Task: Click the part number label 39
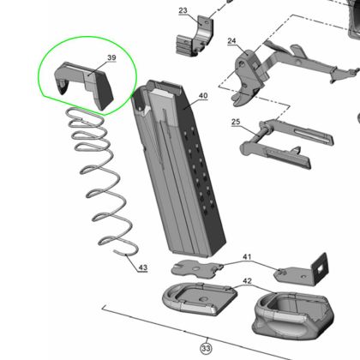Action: pyautogui.click(x=111, y=57)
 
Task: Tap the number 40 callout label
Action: pyautogui.click(x=203, y=95)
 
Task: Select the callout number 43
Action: pyautogui.click(x=143, y=267)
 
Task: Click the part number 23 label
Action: pyautogui.click(x=183, y=10)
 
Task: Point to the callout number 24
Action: pyautogui.click(x=231, y=41)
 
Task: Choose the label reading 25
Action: pyautogui.click(x=236, y=122)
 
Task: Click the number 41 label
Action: pyautogui.click(x=247, y=256)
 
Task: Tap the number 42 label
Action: pyautogui.click(x=247, y=281)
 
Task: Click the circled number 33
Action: pyautogui.click(x=206, y=348)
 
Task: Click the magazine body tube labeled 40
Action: pyautogui.click(x=178, y=169)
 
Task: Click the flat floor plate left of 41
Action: pyautogui.click(x=196, y=268)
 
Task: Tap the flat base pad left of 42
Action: pyautogui.click(x=200, y=298)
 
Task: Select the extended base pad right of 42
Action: pyautogui.click(x=293, y=315)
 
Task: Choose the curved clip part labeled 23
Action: pyautogui.click(x=195, y=37)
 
